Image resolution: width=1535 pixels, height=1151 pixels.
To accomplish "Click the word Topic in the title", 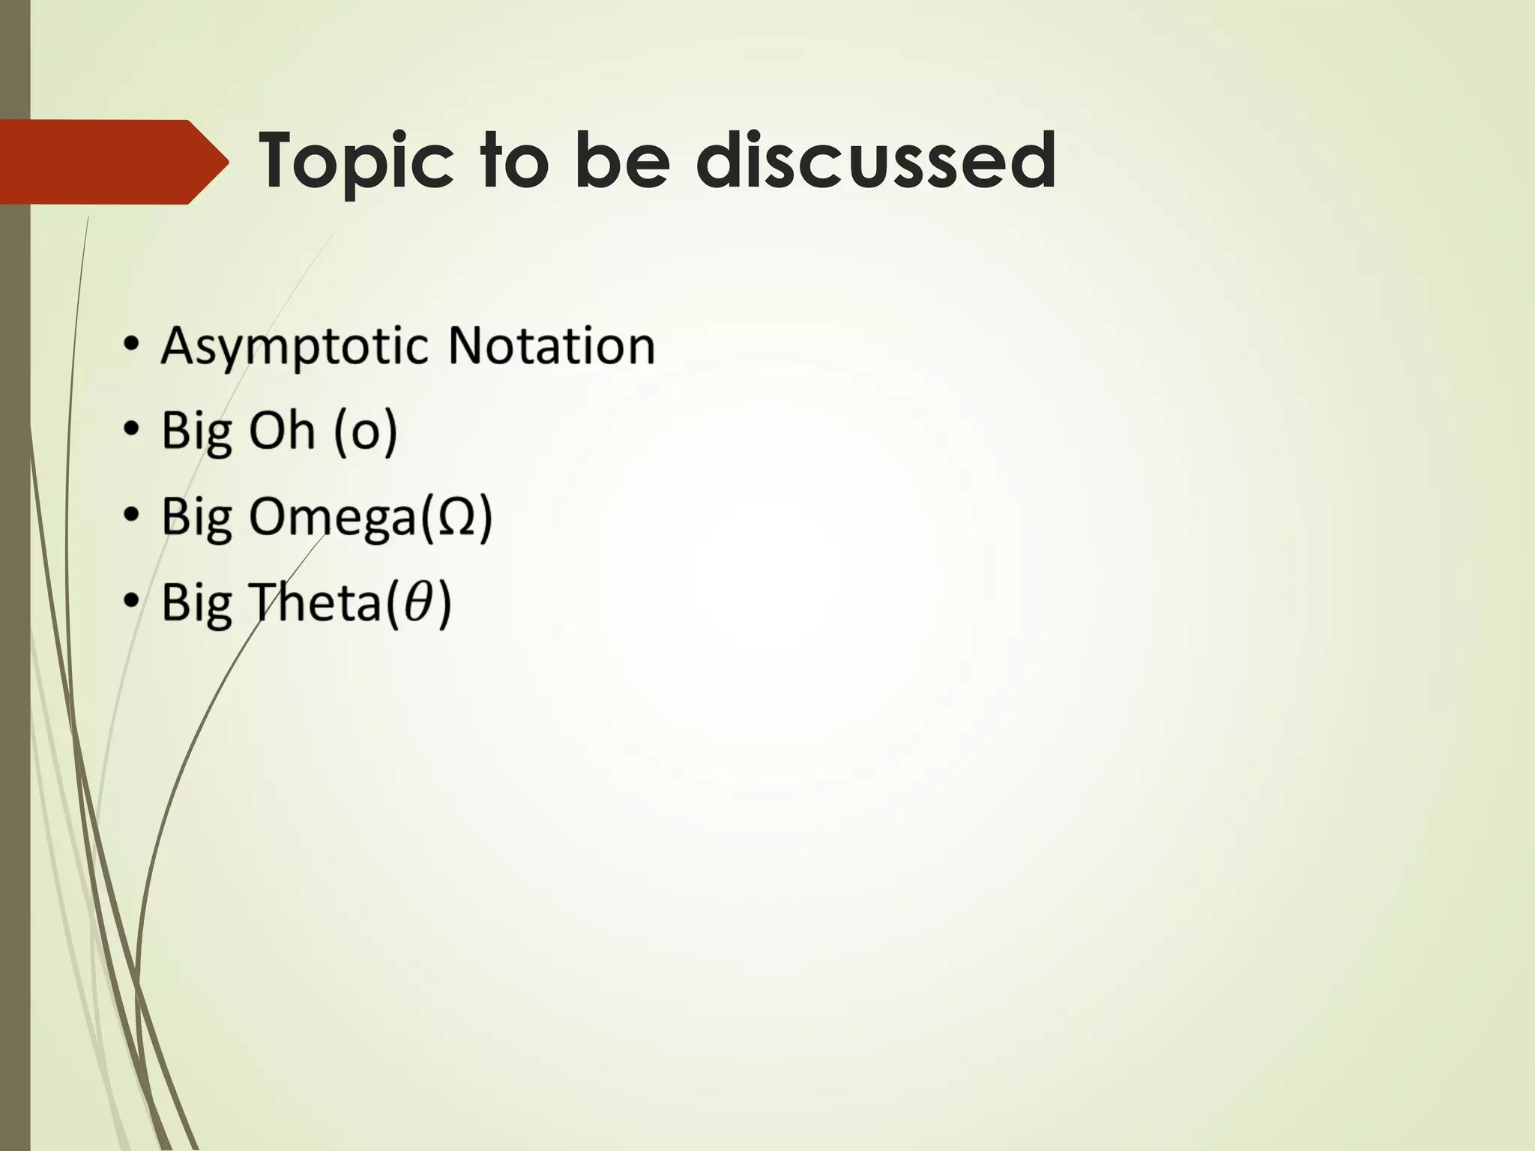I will click(x=357, y=161).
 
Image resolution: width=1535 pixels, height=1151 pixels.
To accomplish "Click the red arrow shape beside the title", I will click(x=112, y=162).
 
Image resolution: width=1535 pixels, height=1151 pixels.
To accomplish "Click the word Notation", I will click(x=551, y=345).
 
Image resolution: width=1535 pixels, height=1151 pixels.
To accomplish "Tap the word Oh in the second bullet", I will click(x=281, y=431).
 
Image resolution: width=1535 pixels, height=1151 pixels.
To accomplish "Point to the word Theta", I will click(x=314, y=602).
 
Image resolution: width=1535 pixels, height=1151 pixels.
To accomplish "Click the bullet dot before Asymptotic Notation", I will click(x=132, y=345).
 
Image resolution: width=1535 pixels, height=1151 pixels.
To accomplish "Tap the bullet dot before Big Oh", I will click(x=132, y=430).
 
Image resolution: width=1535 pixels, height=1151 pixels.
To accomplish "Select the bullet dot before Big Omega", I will click(x=132, y=516).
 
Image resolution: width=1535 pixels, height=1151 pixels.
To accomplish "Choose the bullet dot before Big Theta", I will click(x=132, y=601).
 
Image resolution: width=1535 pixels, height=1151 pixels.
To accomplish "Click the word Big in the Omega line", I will click(x=196, y=517).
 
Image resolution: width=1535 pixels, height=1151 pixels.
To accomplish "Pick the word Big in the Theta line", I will click(x=196, y=602).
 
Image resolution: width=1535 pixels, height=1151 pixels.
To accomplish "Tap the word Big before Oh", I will click(x=196, y=432).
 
